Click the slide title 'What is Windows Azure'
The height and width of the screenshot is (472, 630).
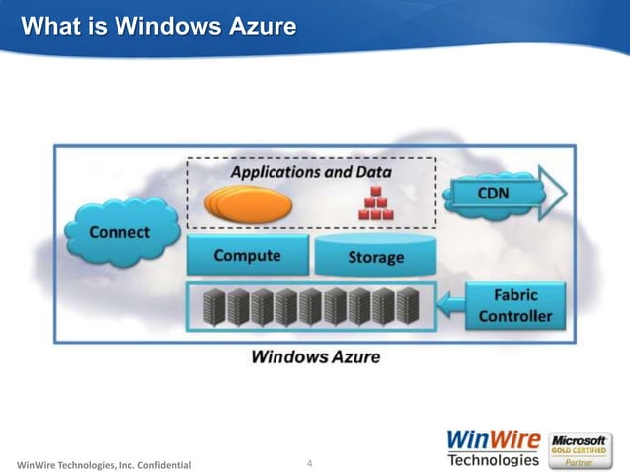[x=158, y=26]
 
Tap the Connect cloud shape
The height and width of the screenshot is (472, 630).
[x=119, y=233]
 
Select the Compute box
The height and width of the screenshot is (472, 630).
[x=247, y=256]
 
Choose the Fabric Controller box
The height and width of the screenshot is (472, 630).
[x=513, y=305]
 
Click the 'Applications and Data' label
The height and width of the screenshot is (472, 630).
[x=311, y=172]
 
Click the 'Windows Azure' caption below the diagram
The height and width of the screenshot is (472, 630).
[x=315, y=356]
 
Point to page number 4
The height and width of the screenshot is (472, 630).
[x=310, y=463]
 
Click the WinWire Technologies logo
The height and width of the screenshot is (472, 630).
[x=493, y=446]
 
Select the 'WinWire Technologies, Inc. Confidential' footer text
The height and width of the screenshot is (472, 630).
[x=99, y=464]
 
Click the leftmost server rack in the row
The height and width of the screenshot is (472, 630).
[x=212, y=306]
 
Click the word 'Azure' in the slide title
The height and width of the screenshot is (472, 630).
[x=263, y=26]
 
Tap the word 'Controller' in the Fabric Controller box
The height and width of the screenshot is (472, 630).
[x=514, y=316]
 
